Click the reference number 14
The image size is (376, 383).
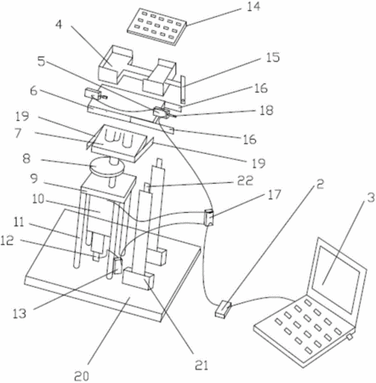point(254,7)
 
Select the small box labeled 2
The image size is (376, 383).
point(223,309)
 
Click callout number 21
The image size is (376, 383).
point(202,365)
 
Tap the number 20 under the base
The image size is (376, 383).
point(82,376)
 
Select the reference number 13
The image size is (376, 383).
point(20,313)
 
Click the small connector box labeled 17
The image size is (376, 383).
point(209,217)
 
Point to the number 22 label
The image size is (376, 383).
point(244,180)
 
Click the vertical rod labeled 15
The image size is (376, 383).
point(183,89)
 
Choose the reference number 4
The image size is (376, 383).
point(59,25)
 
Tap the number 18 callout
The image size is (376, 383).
point(265,110)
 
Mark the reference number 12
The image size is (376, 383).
point(8,241)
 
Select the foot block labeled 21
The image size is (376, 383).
point(138,278)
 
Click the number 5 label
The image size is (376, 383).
point(42,62)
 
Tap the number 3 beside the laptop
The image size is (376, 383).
point(371,197)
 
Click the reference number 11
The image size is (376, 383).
point(19,222)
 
